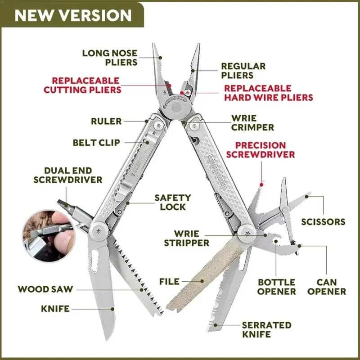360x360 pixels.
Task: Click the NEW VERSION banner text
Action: click(73, 15)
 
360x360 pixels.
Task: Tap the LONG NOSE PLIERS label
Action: click(110, 58)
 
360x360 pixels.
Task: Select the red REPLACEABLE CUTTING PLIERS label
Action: click(82, 85)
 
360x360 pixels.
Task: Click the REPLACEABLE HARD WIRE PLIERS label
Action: click(268, 93)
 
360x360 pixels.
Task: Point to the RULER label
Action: click(106, 121)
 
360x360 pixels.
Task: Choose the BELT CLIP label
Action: click(96, 143)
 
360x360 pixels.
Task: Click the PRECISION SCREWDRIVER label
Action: click(261, 150)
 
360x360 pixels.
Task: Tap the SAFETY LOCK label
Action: click(173, 202)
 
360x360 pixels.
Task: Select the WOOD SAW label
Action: click(45, 289)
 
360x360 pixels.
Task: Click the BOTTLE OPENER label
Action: click(276, 287)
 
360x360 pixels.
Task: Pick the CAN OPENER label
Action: click(327, 287)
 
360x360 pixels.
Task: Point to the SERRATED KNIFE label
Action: click(266, 330)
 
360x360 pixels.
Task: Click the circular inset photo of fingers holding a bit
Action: click(49, 235)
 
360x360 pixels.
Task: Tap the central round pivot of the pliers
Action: click(176, 107)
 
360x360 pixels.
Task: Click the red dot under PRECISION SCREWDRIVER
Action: click(261, 184)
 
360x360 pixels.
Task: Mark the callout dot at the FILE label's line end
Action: click(202, 281)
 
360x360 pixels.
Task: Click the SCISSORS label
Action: click(323, 222)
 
